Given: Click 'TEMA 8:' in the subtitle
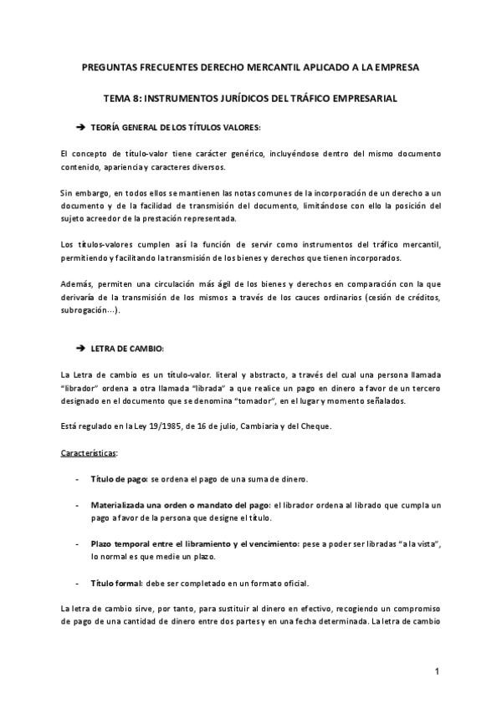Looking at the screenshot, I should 123,98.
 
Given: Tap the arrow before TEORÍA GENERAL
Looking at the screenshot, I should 81,127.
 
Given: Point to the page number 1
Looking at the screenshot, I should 437,671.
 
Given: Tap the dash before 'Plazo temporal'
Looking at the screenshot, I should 77,543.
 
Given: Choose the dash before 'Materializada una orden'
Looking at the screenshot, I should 77,505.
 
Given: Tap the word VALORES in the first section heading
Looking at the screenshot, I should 239,127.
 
